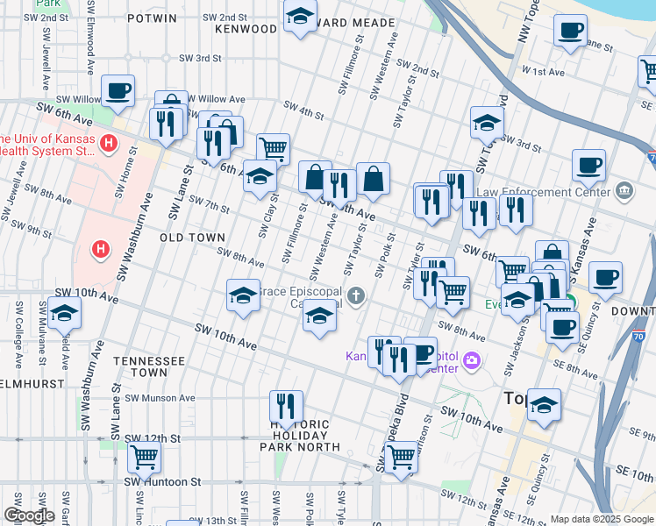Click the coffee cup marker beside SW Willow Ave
tap(118, 89)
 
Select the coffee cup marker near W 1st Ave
tap(570, 30)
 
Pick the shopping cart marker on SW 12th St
tap(144, 456)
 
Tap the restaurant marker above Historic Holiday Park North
tap(286, 405)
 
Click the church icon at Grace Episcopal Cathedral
tap(356, 295)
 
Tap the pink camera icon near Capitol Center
tap(474, 360)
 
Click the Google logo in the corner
tap(28, 515)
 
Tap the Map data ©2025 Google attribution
tap(601, 519)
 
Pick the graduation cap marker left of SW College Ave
tap(64, 312)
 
